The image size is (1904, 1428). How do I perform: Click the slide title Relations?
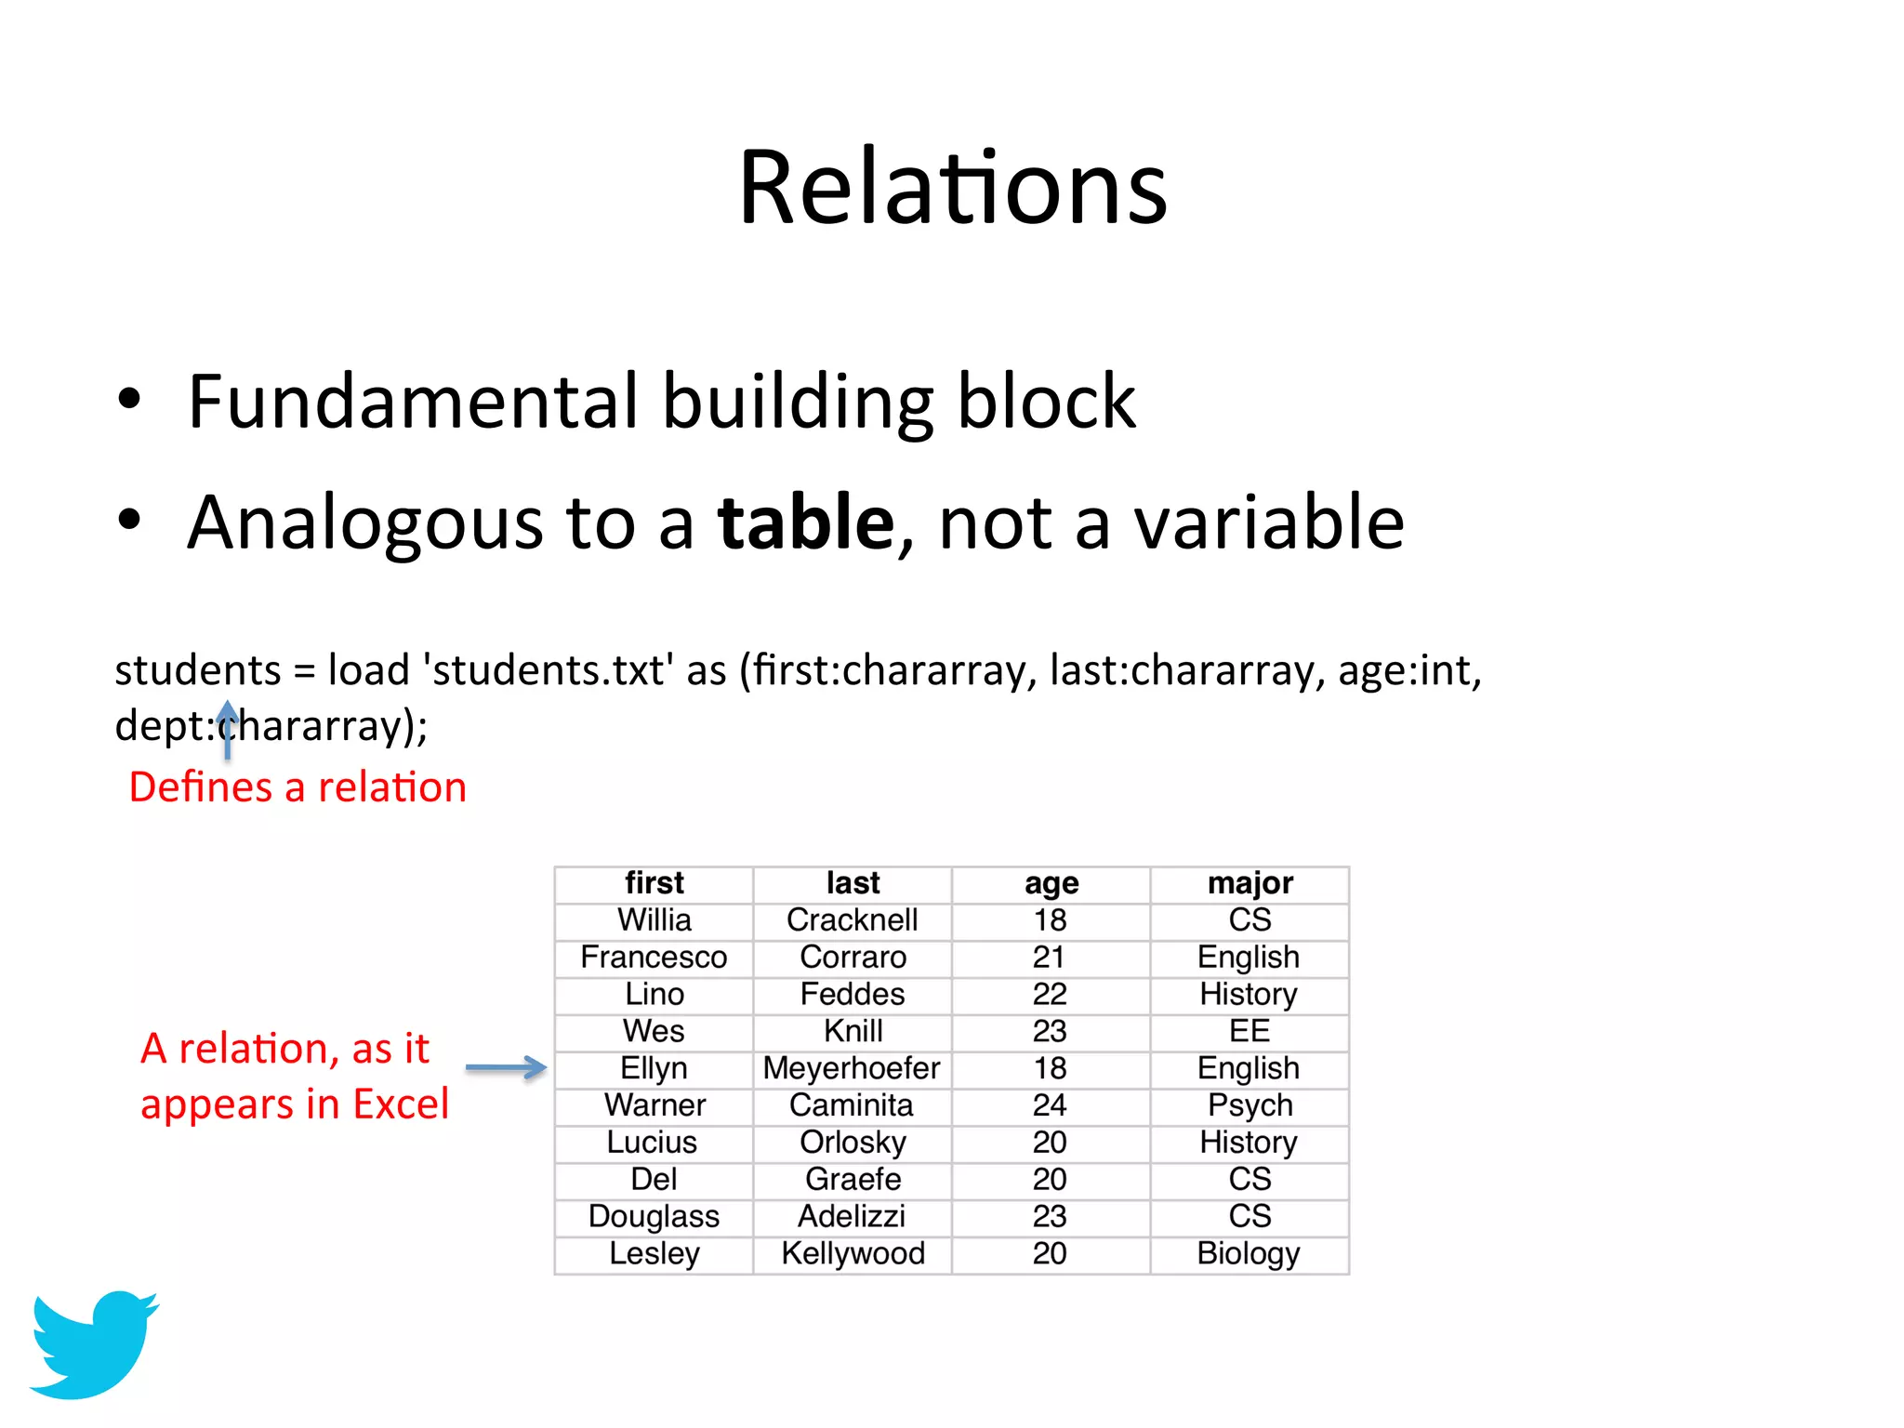pos(952,189)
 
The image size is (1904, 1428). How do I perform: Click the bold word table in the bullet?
pos(806,522)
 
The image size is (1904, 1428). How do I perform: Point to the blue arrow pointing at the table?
pos(506,1067)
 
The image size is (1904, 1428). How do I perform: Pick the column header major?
pos(1249,883)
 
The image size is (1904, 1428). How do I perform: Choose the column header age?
pos(1051,883)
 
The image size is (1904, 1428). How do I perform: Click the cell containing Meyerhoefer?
pos(852,1068)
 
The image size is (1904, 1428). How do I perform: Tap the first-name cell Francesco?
pos(654,957)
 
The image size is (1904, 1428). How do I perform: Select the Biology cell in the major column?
pos(1249,1253)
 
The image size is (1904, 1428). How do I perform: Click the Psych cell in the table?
pos(1249,1105)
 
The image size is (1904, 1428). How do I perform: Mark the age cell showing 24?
pos(1050,1105)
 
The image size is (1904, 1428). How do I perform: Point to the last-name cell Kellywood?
pos(853,1253)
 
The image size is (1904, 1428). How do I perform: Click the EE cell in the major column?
pos(1249,1031)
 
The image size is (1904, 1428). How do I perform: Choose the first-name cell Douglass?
pos(654,1216)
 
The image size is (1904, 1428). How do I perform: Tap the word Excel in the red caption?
pos(401,1104)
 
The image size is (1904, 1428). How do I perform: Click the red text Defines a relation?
pos(297,787)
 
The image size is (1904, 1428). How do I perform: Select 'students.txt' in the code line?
pos(549,670)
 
